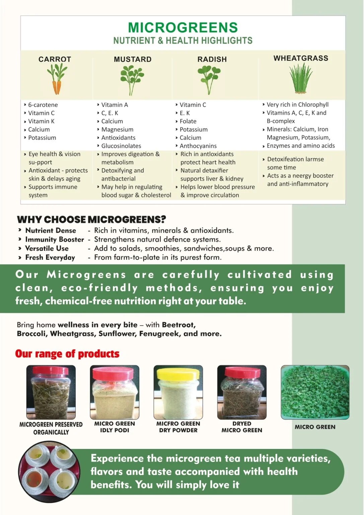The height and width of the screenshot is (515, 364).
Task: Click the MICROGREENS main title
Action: pos(183,27)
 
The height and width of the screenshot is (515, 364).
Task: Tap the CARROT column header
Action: pos(55,59)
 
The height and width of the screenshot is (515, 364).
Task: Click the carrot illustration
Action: pos(57,79)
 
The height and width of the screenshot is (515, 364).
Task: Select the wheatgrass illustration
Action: pos(301,78)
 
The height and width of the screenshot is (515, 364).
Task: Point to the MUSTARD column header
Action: pos(133,59)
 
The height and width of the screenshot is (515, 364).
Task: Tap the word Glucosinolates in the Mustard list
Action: pos(121,146)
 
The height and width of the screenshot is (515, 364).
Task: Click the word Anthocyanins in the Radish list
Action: pos(198,146)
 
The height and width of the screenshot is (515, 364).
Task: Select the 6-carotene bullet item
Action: pos(43,105)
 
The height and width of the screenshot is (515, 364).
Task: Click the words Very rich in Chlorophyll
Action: pos(298,105)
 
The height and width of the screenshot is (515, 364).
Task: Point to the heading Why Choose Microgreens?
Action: pos(91,219)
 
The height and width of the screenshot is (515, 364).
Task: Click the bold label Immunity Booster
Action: pos(55,239)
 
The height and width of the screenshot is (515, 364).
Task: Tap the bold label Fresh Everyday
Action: pos(50,257)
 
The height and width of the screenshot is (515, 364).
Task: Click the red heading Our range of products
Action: pos(67,354)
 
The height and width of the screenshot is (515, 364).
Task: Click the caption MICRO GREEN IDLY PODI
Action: pos(115,427)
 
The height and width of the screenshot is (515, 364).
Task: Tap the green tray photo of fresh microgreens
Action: pos(315,392)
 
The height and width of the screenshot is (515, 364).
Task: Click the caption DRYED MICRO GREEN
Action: pos(242,427)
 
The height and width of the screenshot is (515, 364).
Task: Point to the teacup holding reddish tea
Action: pos(34,479)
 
